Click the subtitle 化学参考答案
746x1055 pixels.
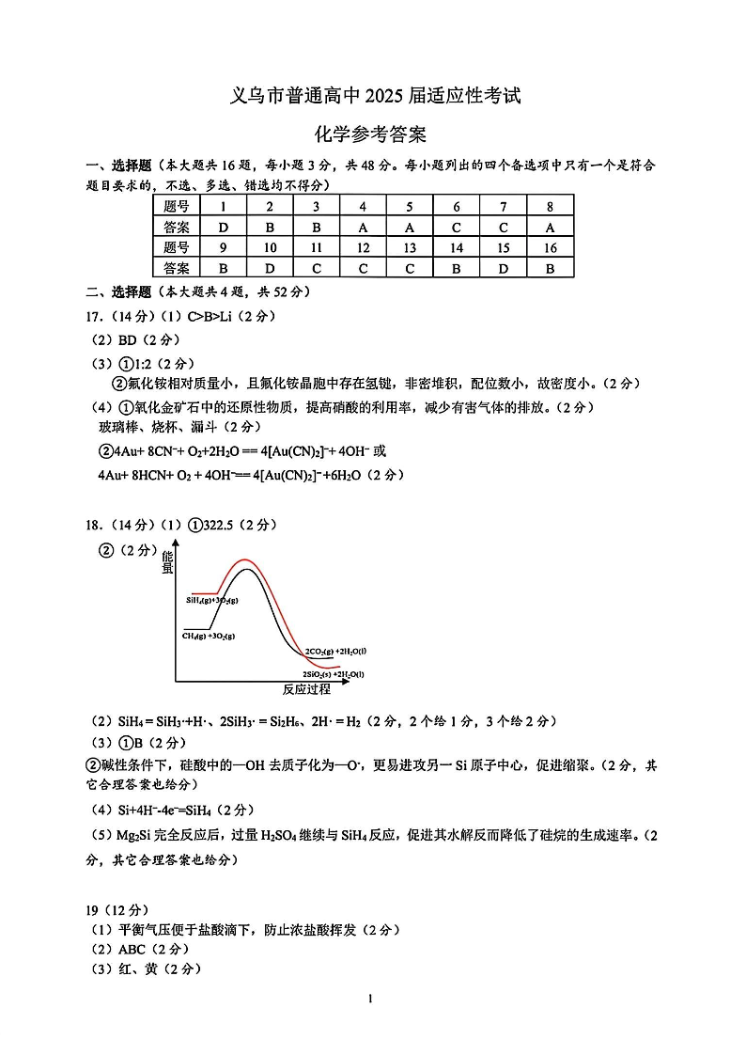point(373,134)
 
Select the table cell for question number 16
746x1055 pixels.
point(550,247)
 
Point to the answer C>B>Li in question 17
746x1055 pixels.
point(210,316)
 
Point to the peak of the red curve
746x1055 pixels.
point(246,559)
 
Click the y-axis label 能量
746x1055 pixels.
point(167,561)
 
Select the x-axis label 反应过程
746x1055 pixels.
point(306,689)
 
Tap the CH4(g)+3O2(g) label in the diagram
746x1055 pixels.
point(209,636)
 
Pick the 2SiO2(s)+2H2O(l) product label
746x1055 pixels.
point(333,674)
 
